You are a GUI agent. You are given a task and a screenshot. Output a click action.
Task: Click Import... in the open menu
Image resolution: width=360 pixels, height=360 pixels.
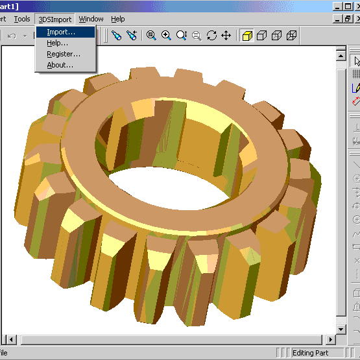point(61,32)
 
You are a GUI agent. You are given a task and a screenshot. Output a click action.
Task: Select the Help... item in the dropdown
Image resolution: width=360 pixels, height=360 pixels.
point(57,43)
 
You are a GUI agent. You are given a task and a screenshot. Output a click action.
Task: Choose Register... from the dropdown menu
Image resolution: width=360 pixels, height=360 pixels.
point(64,54)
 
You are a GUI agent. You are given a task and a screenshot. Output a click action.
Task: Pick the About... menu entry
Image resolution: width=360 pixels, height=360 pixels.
point(60,65)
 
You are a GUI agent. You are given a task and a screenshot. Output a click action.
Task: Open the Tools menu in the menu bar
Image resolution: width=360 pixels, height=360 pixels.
point(22,19)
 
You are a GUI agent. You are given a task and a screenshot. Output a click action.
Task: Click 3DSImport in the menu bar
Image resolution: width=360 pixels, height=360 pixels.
point(55,19)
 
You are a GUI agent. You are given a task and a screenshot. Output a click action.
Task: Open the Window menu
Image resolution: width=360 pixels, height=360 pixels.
point(91,19)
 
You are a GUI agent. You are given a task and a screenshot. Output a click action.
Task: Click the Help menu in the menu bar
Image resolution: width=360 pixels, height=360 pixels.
point(117,19)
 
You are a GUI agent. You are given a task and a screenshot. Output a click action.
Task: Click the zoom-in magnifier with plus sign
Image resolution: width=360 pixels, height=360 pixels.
point(166,36)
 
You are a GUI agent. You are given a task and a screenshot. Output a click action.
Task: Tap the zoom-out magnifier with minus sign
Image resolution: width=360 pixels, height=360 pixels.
point(197,36)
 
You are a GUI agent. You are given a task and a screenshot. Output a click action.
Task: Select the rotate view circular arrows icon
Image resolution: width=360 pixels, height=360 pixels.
point(211,36)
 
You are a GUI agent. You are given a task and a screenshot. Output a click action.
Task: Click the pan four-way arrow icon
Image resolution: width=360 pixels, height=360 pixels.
point(226,36)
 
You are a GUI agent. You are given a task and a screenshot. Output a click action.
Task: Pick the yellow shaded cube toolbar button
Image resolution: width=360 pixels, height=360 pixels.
point(247,36)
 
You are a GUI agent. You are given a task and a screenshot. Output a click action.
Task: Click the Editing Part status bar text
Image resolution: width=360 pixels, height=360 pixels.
point(310,353)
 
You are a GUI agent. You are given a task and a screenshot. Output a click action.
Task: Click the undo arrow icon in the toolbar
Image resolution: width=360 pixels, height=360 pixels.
point(12,36)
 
